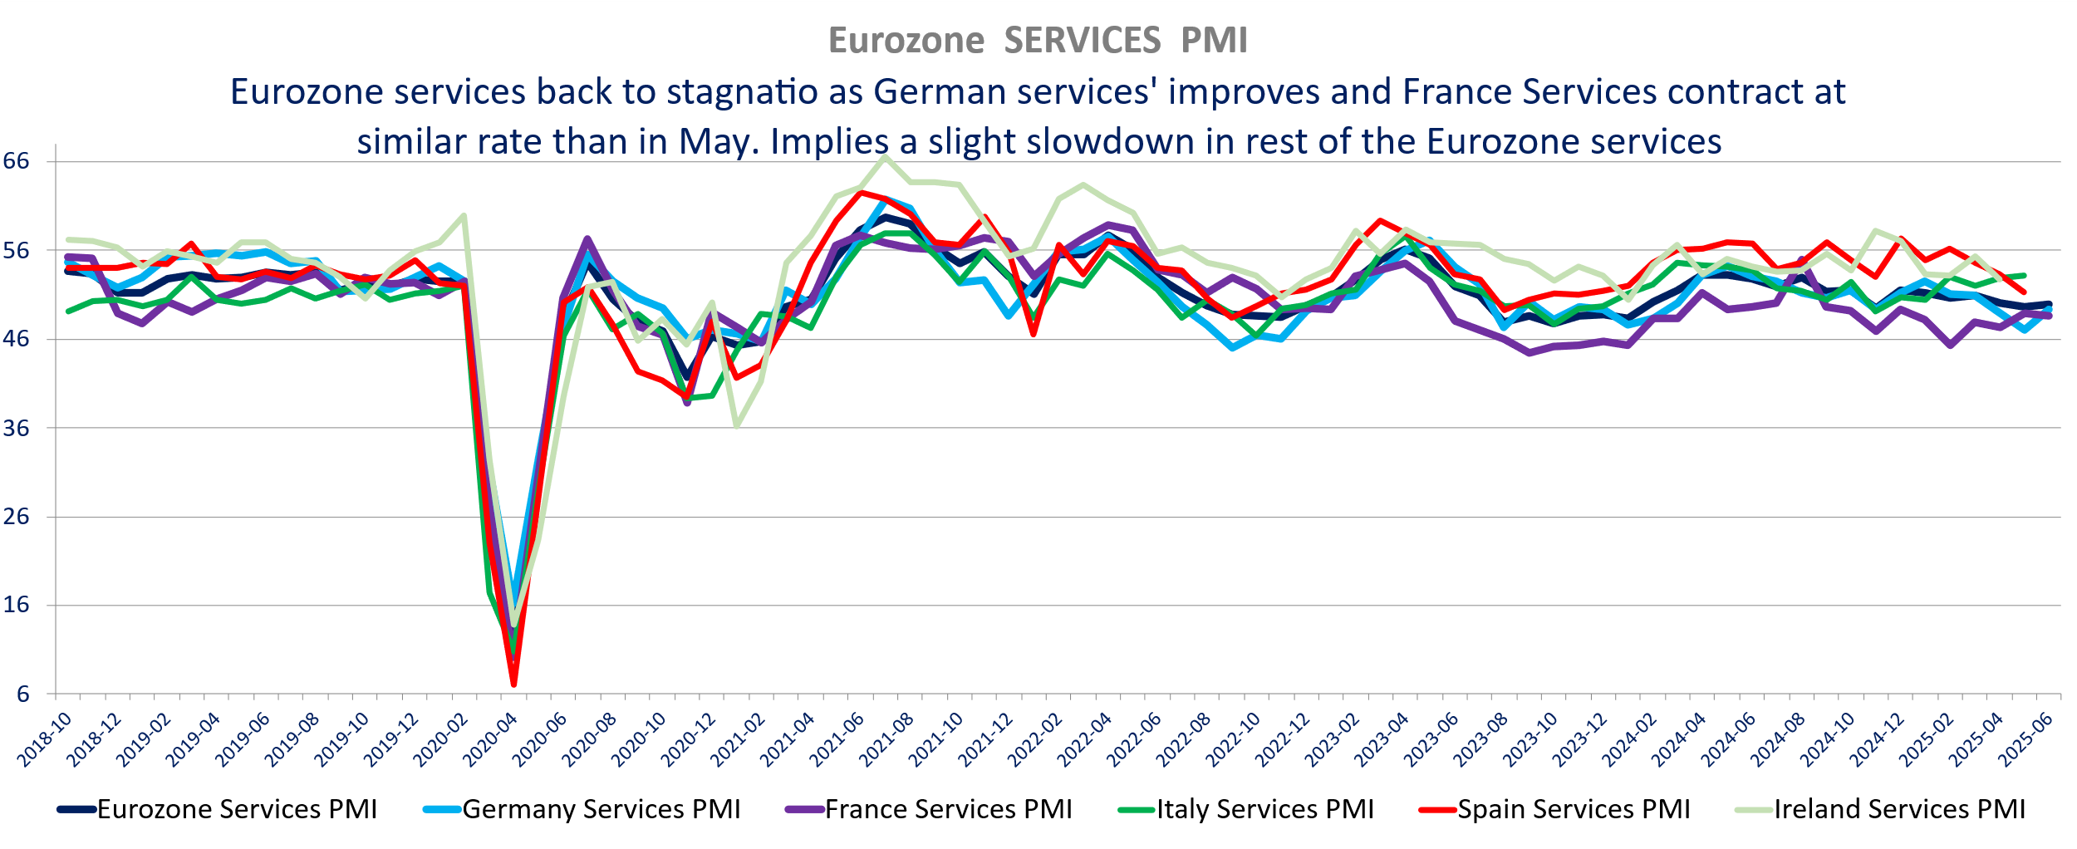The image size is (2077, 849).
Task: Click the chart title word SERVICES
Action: point(1082,41)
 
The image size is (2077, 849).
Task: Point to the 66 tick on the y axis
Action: point(17,161)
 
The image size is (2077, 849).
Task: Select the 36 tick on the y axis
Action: point(17,429)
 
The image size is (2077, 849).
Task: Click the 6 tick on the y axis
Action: point(22,694)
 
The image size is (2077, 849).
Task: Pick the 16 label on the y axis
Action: point(17,605)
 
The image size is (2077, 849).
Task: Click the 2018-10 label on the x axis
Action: point(46,739)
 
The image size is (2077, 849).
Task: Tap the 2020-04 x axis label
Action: point(491,739)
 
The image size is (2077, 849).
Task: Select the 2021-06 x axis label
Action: point(837,739)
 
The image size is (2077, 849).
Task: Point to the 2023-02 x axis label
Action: point(1333,739)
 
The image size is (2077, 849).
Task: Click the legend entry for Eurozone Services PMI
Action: point(237,809)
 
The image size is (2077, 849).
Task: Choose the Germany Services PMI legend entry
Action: point(601,809)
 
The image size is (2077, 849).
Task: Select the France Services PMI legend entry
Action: point(948,809)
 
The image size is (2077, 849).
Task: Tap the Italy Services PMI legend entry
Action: point(1264,809)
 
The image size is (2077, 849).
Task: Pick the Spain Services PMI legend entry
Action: point(1574,809)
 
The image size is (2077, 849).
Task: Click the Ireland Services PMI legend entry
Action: point(1899,809)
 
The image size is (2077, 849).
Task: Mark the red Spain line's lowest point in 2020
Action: point(513,685)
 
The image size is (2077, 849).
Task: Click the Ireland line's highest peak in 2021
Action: point(886,156)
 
